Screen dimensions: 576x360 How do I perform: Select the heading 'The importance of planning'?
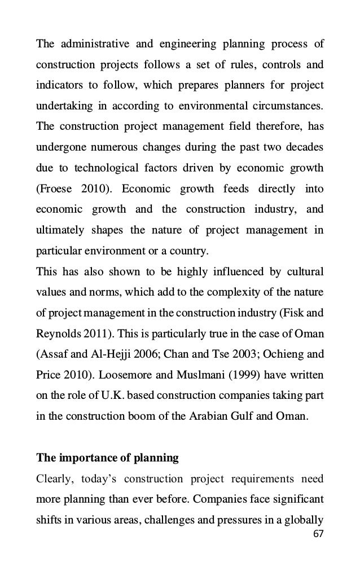click(107, 458)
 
